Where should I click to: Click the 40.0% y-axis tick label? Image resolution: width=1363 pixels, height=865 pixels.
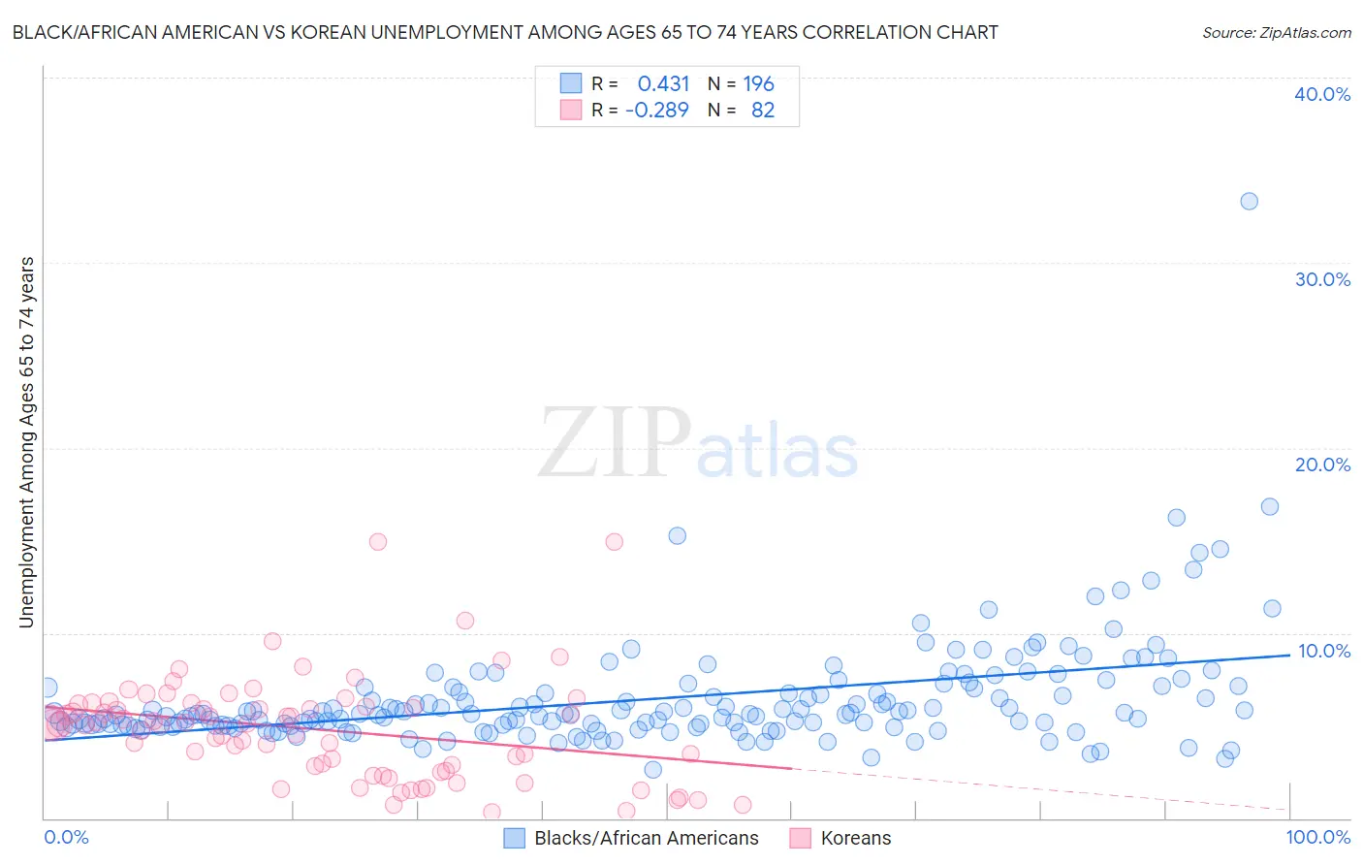(x=1322, y=94)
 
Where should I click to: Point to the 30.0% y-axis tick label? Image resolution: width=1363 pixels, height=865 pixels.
(x=1322, y=279)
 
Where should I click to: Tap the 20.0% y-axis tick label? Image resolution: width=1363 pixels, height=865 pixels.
(x=1322, y=465)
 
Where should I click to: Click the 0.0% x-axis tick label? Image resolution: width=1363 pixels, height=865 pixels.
(x=66, y=837)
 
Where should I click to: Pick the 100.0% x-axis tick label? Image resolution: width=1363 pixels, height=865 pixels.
(x=1317, y=837)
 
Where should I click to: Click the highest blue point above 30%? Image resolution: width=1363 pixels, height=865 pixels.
(x=1249, y=202)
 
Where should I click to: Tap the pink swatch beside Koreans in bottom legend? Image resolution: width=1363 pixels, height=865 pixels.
(x=800, y=838)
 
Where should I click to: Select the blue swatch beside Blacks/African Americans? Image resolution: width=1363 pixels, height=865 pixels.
(x=514, y=838)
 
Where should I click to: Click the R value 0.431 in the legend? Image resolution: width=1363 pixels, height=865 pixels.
(x=663, y=84)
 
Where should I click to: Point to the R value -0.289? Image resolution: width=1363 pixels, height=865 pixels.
(x=657, y=111)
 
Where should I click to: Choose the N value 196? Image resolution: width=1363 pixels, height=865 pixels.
(x=758, y=84)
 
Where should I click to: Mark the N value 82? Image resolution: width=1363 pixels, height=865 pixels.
(x=763, y=111)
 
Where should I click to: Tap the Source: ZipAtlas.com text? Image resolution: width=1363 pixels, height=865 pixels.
(x=1276, y=33)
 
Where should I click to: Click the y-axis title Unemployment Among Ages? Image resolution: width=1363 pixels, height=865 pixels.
(x=27, y=441)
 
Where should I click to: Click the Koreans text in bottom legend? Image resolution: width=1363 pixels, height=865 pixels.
(x=855, y=838)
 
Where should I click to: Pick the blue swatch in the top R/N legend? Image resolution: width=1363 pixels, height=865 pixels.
(x=571, y=83)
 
